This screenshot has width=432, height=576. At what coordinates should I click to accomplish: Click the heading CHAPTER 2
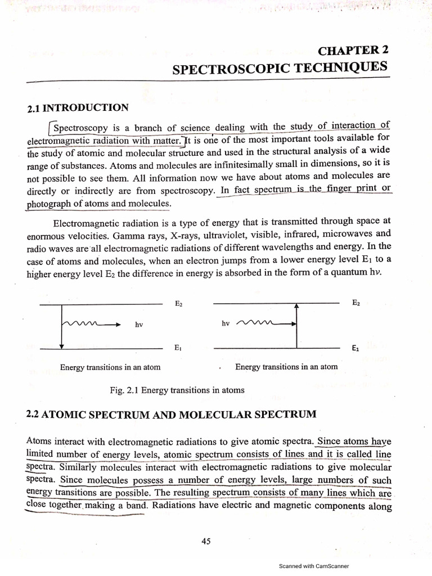pyautogui.click(x=353, y=51)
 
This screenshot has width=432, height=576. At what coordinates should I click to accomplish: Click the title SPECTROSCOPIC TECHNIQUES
pyautogui.click(x=280, y=68)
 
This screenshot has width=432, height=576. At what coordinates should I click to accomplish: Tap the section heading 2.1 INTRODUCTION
pyautogui.click(x=78, y=107)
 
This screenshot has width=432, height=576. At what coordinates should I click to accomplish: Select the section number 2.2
pyautogui.click(x=33, y=415)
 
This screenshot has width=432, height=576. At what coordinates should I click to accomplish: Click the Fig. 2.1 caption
pyautogui.click(x=177, y=390)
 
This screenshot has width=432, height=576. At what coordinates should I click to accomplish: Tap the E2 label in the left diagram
pyautogui.click(x=178, y=304)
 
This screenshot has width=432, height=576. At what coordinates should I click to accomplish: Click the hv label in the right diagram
pyautogui.click(x=226, y=324)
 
